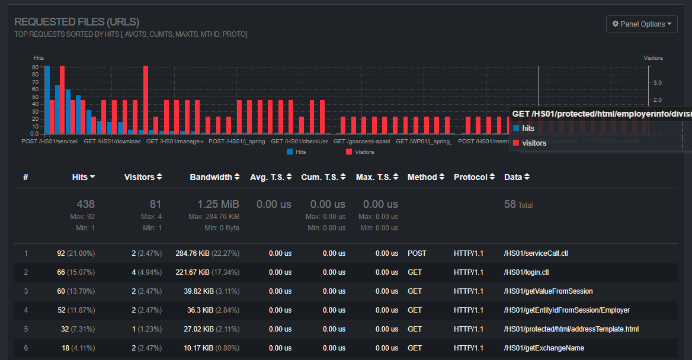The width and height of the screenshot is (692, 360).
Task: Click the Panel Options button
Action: [642, 24]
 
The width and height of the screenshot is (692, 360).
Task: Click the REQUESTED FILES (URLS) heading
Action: [77, 22]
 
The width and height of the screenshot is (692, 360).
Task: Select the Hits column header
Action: [83, 177]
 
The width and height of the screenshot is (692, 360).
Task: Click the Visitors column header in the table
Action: [142, 177]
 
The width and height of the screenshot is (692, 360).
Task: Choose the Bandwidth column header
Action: [214, 177]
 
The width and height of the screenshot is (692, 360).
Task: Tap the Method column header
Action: [425, 177]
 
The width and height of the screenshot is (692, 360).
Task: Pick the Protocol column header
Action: [474, 177]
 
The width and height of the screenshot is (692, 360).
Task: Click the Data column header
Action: [517, 177]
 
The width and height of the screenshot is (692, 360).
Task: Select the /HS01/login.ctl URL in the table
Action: [526, 272]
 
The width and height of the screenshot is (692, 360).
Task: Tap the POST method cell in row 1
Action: [417, 253]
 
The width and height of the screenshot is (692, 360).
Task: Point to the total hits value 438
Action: [85, 204]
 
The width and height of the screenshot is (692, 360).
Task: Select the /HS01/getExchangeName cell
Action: [543, 348]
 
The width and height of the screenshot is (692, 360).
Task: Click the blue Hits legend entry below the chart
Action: [297, 152]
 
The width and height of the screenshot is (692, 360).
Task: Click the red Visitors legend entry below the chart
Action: [360, 152]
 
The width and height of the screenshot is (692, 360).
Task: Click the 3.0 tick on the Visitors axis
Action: [658, 83]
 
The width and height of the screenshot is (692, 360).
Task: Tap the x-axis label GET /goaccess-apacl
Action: [361, 142]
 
